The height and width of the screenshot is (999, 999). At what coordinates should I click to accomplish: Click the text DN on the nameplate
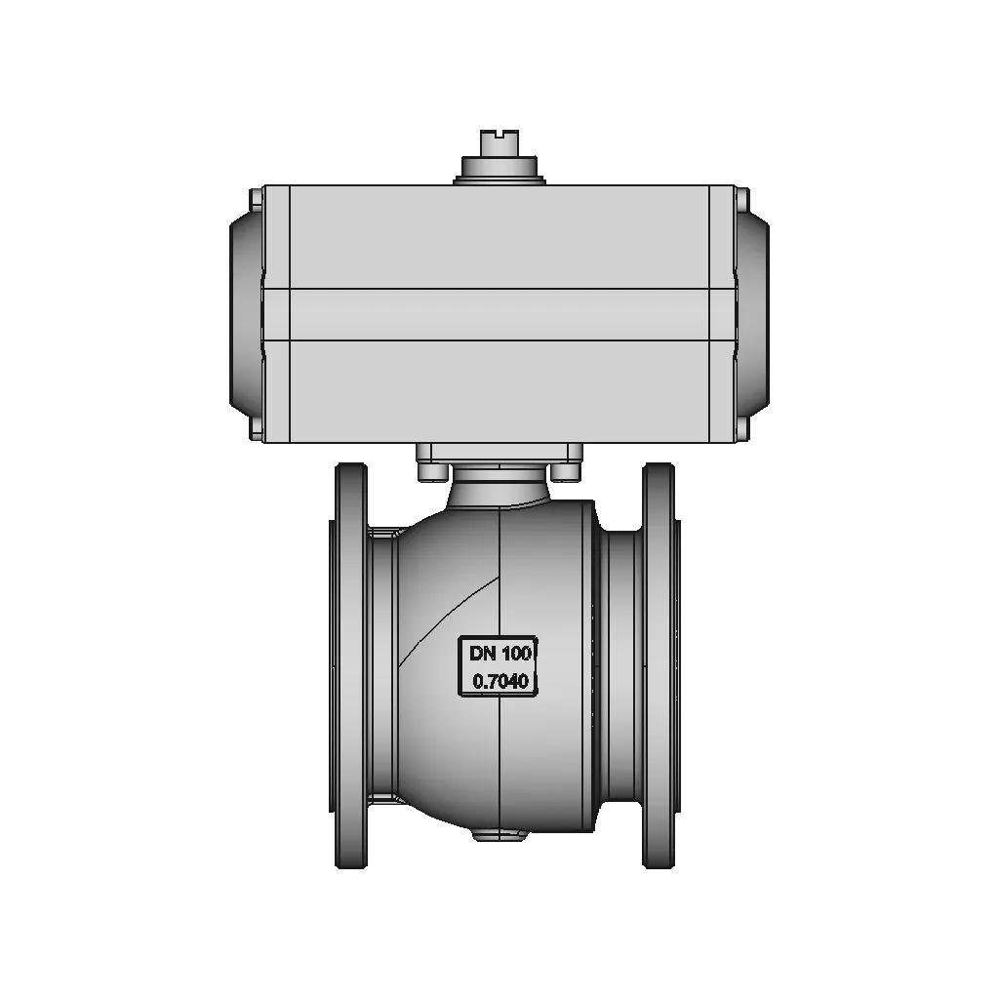click(483, 653)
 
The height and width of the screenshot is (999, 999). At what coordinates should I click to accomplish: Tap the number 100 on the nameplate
click(517, 653)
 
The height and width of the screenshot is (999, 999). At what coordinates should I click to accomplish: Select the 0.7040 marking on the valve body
click(500, 681)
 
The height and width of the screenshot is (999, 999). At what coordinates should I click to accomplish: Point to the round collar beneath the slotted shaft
click(499, 170)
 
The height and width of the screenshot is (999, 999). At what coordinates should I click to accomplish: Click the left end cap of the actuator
click(246, 314)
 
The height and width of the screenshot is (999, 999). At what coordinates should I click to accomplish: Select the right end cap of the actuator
click(752, 314)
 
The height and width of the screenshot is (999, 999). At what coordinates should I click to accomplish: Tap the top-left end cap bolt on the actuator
click(256, 200)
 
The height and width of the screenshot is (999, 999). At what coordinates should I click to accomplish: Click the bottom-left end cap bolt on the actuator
click(256, 428)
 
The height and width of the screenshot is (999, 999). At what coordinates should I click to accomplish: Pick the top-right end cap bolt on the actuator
click(742, 200)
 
